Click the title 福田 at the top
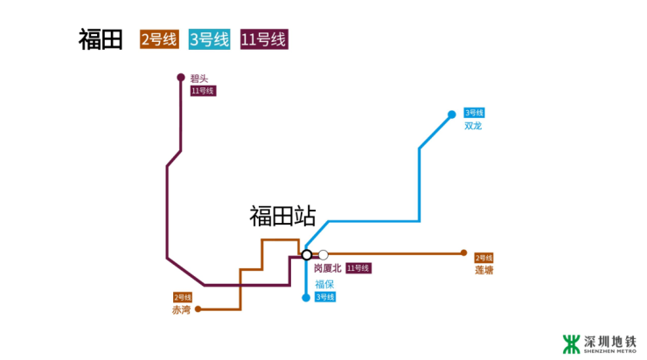100,39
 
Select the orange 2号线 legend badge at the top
158,39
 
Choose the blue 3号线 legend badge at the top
208,39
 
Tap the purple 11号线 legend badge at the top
263,39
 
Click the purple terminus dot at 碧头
181,77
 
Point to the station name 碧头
198,79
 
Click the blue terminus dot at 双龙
452,114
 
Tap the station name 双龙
473,127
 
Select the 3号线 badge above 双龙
473,113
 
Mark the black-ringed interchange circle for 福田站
307,254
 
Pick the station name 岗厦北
328,268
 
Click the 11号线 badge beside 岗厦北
358,268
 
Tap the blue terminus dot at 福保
306,297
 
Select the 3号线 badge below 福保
325,297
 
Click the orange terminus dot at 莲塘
463,253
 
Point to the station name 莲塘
484,271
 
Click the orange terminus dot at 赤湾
198,308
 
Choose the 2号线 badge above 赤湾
182,297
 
